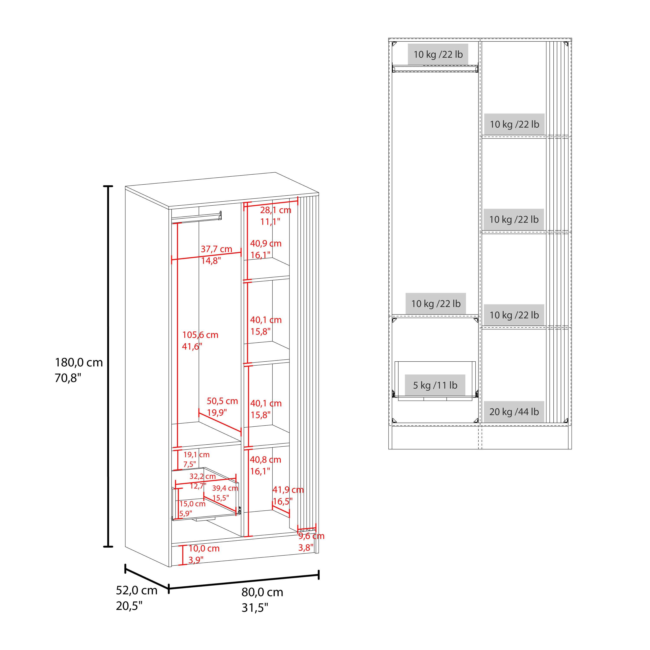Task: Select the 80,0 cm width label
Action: [x=262, y=592]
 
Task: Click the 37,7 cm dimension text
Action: [x=216, y=249]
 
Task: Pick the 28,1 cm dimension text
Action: [x=276, y=210]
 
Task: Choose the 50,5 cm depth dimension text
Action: [x=222, y=401]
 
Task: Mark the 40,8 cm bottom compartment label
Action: [x=265, y=460]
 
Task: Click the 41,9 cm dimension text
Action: [x=288, y=490]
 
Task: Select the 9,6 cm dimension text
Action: [x=311, y=536]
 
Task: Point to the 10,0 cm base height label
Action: [x=204, y=548]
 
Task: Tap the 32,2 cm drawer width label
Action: [x=203, y=476]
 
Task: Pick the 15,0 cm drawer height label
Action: [x=192, y=504]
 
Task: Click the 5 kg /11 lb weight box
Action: [x=435, y=385]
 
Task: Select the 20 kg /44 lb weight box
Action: [x=514, y=412]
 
